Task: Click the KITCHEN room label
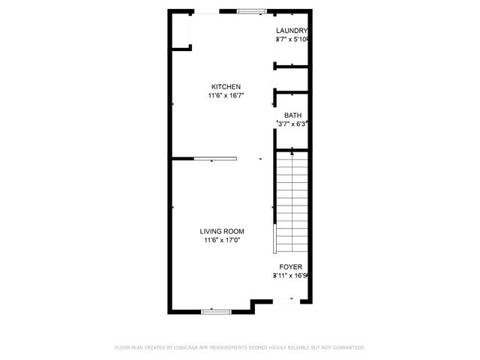coord(226,86)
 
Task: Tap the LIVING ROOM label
coord(222,231)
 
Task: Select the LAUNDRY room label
coord(292,31)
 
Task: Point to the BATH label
coord(292,115)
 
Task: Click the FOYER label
coord(291,267)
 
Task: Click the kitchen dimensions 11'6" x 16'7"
coord(226,95)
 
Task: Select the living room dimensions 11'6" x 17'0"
coord(222,240)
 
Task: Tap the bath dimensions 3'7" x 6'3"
coord(292,124)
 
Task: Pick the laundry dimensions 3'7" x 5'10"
coord(292,39)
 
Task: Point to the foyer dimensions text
coord(291,276)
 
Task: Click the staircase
coord(292,201)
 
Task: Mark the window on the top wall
coord(252,11)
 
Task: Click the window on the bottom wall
coord(214,310)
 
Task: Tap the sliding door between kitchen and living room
coord(215,158)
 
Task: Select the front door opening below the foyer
coord(285,301)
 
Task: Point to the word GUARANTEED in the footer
coord(346,347)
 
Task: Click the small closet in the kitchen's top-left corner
coord(181,31)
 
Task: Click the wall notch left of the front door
coord(259,304)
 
